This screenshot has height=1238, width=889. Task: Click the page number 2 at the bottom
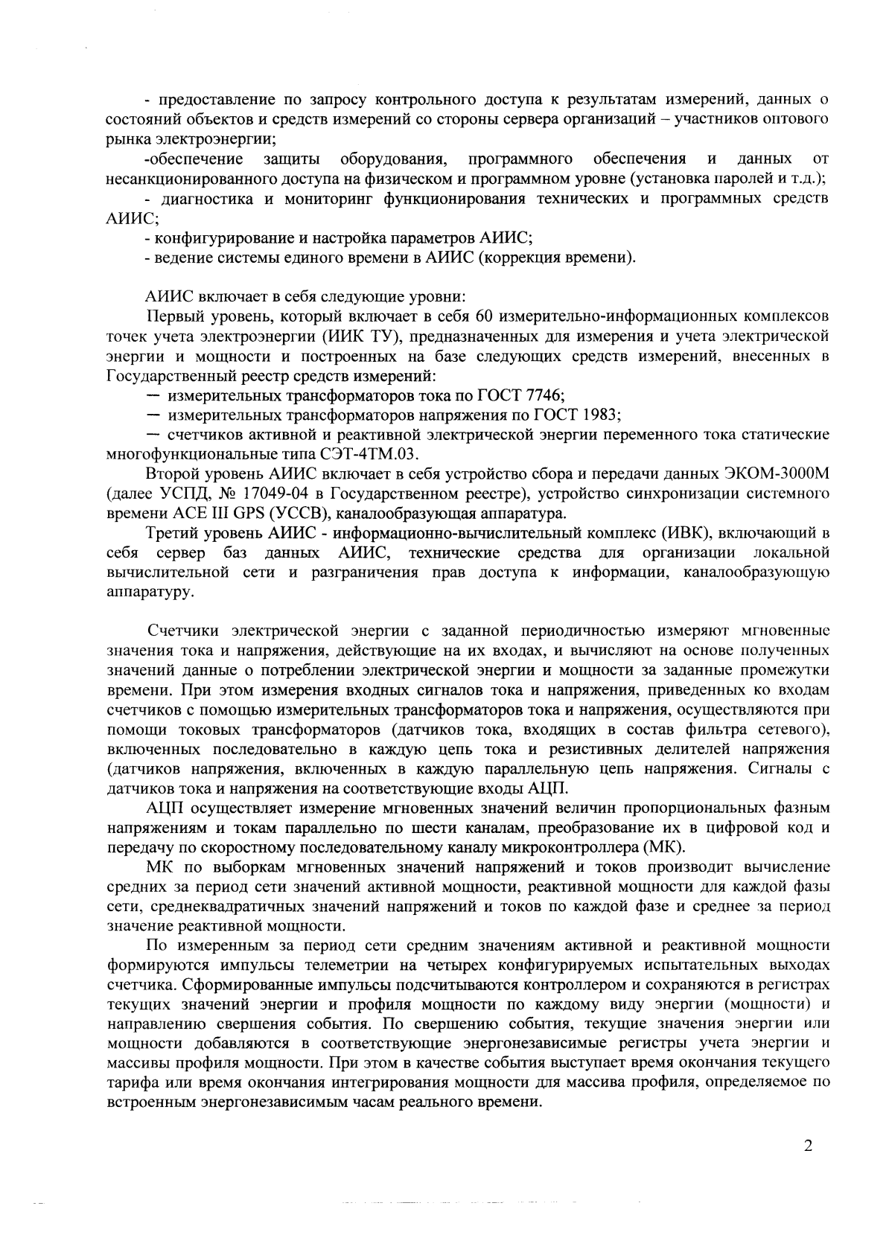coord(808,1166)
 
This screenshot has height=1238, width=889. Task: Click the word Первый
coord(175,317)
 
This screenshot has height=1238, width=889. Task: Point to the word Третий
coord(176,532)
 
